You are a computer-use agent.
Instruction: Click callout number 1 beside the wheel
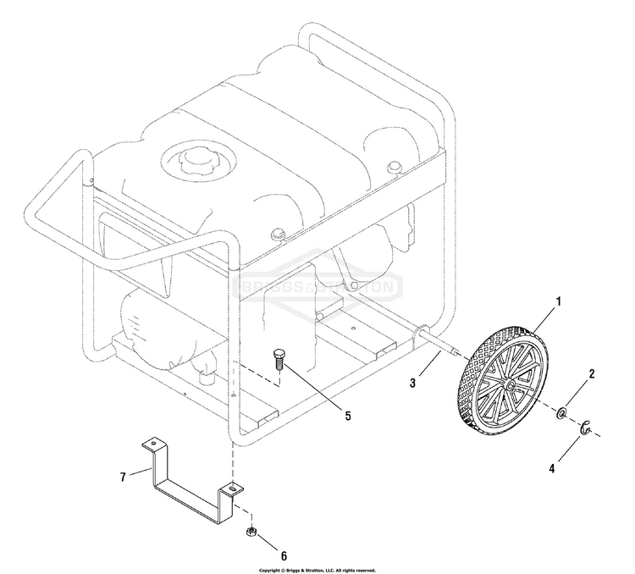[x=558, y=301]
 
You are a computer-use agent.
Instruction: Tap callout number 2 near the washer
[x=591, y=373]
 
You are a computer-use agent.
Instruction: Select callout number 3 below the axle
[x=412, y=383]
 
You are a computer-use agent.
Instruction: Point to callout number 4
[x=551, y=468]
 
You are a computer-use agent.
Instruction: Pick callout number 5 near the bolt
[x=348, y=416]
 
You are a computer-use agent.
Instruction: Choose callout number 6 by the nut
[x=284, y=555]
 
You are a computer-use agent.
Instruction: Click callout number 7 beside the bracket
[x=123, y=477]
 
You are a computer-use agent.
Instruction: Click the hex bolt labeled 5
[x=279, y=359]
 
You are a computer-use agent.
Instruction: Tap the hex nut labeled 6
[x=251, y=532]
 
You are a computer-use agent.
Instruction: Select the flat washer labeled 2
[x=561, y=413]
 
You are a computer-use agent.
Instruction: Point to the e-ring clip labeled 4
[x=585, y=428]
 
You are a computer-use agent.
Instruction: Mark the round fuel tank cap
[x=197, y=159]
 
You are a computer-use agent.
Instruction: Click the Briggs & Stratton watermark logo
[x=318, y=286]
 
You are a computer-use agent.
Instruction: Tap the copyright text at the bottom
[x=317, y=570]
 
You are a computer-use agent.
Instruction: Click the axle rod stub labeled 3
[x=439, y=341]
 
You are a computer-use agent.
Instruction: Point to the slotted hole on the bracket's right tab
[x=232, y=489]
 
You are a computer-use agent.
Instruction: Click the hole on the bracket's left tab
[x=153, y=443]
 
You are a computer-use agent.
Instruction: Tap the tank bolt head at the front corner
[x=278, y=235]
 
